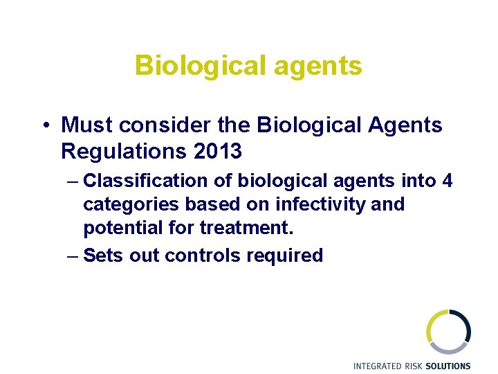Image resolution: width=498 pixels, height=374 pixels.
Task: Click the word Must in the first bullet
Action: tap(87, 125)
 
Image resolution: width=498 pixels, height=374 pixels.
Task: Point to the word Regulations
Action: tap(120, 150)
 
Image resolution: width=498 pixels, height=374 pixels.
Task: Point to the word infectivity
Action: tap(324, 205)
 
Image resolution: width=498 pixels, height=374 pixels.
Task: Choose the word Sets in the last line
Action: tap(100, 256)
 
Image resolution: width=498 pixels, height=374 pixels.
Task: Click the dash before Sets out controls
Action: tap(73, 256)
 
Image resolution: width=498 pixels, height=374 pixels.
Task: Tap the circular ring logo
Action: tap(448, 332)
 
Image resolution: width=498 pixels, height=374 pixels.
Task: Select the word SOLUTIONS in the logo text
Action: tap(448, 366)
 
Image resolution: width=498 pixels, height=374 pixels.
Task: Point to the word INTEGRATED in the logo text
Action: tap(377, 366)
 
